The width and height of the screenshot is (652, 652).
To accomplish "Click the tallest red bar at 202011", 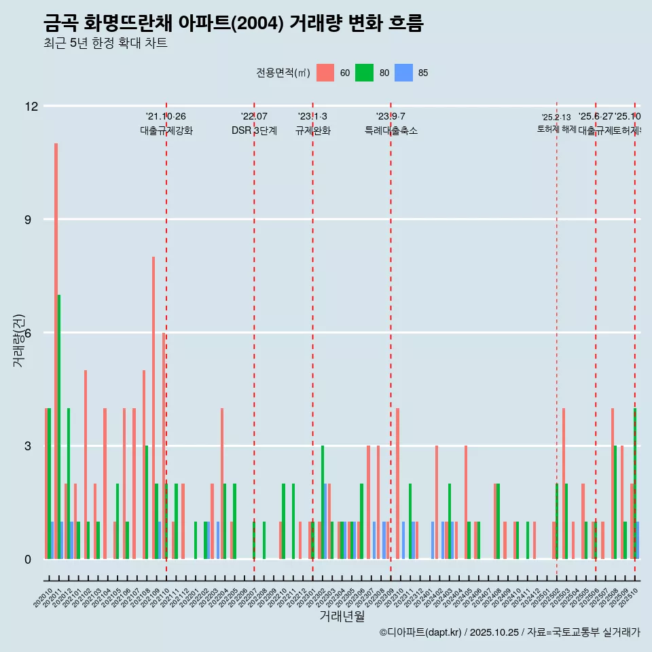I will pos(56,351).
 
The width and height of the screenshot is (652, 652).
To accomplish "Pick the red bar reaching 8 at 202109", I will pos(153,407).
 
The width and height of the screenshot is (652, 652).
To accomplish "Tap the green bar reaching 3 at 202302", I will pos(323,503).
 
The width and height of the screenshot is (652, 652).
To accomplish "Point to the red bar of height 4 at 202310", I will pos(397,484).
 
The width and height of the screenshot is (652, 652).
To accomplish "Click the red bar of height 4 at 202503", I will pos(564,484).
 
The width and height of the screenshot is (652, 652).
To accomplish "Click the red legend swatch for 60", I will pos(325,73).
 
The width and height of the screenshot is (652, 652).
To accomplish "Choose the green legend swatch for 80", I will pos(365,73).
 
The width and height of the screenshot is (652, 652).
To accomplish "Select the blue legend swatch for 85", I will pos(404,73).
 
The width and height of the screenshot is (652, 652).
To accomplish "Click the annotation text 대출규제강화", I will pos(166,131).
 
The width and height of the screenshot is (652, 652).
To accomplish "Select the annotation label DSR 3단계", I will pos(254,131).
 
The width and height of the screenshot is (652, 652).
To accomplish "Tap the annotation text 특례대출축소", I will pos(391,131).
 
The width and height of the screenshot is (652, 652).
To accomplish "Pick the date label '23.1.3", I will pos(312,117).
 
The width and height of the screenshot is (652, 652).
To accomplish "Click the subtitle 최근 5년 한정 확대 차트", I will pos(105,43).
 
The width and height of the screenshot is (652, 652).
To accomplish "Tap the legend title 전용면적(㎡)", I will pos(283,73).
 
